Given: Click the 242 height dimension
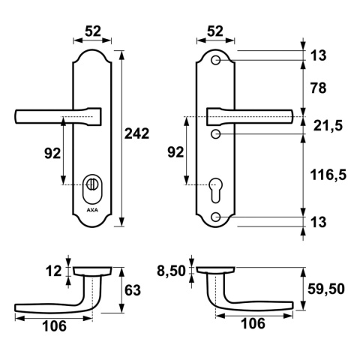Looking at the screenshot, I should pyautogui.click(x=136, y=134).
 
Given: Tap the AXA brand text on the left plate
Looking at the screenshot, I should pyautogui.click(x=92, y=210).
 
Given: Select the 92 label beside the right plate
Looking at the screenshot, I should pyautogui.click(x=174, y=152).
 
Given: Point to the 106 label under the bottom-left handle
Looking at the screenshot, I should pyautogui.click(x=53, y=325).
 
